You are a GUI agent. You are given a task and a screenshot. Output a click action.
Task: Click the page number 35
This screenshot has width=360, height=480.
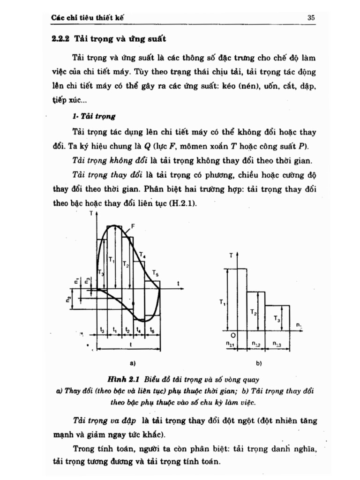click(311, 18)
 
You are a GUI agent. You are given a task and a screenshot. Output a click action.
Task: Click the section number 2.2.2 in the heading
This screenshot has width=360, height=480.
click(60, 39)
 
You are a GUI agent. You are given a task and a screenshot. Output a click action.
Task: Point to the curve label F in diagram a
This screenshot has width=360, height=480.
click(133, 226)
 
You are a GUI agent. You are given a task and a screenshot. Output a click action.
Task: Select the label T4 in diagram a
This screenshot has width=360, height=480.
click(142, 256)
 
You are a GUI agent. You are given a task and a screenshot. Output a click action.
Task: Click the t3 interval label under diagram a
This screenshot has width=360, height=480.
click(103, 330)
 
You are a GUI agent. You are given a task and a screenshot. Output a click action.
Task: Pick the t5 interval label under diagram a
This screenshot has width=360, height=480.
click(152, 330)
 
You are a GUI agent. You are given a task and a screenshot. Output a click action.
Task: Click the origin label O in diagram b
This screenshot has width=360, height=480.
click(233, 336)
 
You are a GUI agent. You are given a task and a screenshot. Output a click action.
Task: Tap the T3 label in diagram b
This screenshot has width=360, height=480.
click(277, 318)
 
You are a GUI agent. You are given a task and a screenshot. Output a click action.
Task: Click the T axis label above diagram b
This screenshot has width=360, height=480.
click(231, 255)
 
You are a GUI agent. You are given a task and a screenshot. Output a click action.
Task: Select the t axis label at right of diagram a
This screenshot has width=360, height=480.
click(179, 283)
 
